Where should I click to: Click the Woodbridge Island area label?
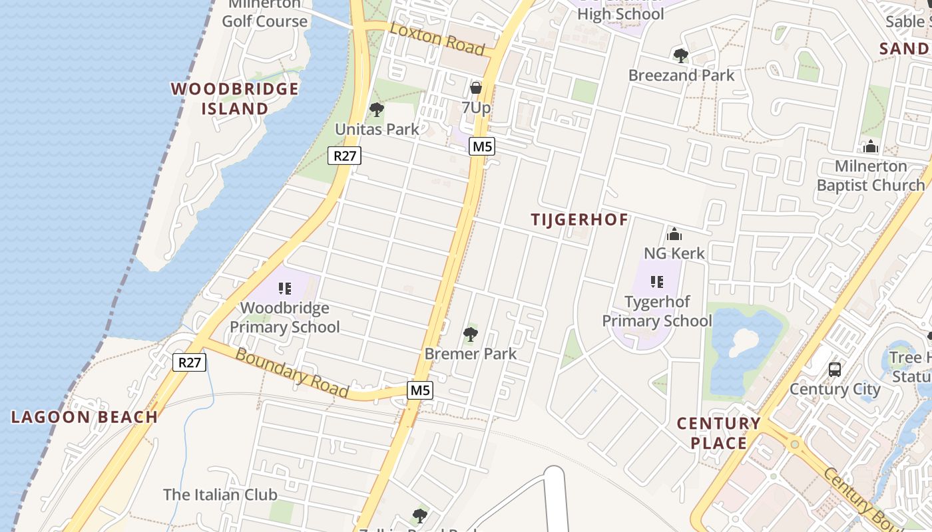[x=234, y=98]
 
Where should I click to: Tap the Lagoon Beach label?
[x=85, y=417]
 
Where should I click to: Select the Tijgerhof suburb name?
[x=579, y=219]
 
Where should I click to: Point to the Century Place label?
[x=718, y=433]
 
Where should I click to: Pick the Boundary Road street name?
[x=292, y=374]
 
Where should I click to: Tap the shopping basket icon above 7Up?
[x=476, y=87]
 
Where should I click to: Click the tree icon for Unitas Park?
[x=377, y=109]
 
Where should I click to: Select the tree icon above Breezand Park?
[x=680, y=55]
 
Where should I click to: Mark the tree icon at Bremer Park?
[x=471, y=334]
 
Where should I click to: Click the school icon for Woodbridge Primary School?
[x=285, y=289]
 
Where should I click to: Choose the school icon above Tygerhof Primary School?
[x=657, y=282]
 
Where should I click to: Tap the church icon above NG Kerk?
[x=674, y=234]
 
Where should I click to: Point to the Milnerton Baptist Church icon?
[x=871, y=146]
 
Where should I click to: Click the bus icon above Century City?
[x=835, y=369]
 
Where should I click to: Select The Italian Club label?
[x=220, y=495]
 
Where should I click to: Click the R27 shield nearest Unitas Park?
[x=344, y=156]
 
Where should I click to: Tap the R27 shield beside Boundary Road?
[x=190, y=362]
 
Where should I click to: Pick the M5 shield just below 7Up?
[x=482, y=146]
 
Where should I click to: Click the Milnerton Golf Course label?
[x=264, y=13]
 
